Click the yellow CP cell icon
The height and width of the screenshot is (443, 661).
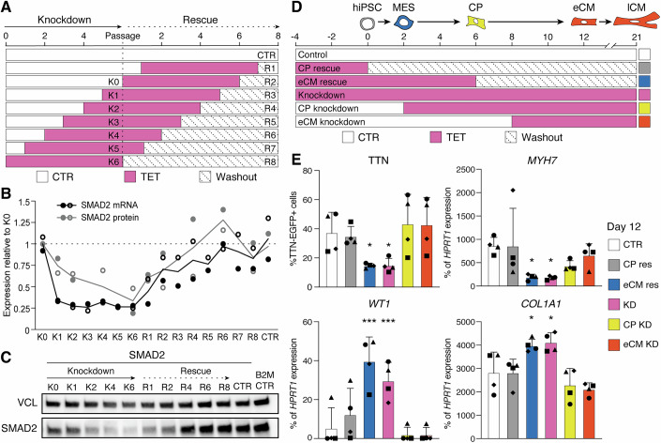pos(475,22)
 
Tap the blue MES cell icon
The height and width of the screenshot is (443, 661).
pos(403,22)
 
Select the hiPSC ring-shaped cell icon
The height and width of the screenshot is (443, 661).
pos(368,23)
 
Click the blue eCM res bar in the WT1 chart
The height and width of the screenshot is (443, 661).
pos(369,400)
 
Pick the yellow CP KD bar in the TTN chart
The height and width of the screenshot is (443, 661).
pos(408,255)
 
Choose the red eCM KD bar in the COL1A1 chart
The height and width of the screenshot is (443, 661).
pos(590,414)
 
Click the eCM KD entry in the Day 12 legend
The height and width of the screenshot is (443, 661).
pos(633,344)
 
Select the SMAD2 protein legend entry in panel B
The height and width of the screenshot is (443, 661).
pos(98,218)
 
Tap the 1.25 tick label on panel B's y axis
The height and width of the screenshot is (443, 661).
pos(22,222)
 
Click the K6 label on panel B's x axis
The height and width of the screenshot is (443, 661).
pos(132,337)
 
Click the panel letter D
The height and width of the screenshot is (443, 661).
pos(297,7)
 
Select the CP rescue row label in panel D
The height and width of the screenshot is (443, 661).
pos(319,69)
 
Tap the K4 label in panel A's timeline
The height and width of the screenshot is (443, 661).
pos(113,135)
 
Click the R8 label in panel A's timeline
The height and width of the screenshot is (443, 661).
pos(270,162)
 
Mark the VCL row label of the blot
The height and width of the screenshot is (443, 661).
pos(27,403)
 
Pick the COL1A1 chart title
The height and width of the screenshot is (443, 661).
pos(542,304)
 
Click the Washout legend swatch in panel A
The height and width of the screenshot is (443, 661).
pos(205,176)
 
